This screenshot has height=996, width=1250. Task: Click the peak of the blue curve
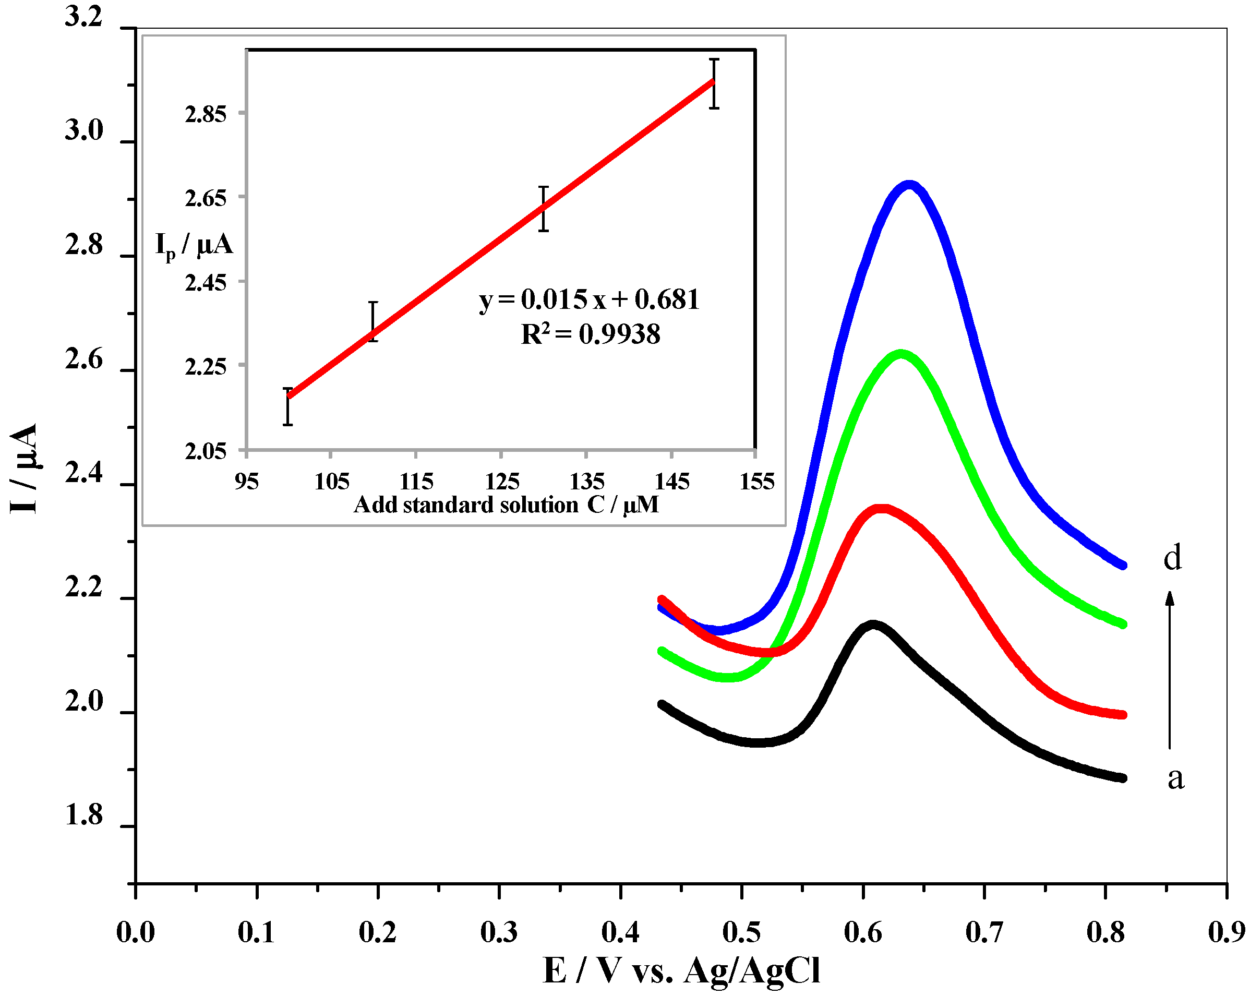point(910,186)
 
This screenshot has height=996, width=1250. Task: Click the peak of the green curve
point(900,354)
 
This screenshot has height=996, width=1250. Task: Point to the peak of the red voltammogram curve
point(881,509)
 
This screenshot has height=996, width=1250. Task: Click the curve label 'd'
point(1172,558)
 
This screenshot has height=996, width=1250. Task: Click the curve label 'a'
point(1175,778)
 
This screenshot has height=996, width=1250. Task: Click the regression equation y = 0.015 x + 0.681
point(589,299)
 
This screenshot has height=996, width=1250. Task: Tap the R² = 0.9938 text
point(590,334)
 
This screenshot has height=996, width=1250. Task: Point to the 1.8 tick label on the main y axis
point(84,814)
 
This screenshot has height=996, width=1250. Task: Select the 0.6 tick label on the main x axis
point(863,933)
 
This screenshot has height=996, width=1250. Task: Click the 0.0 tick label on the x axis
point(135,933)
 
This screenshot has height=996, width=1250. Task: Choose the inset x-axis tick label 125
point(502,481)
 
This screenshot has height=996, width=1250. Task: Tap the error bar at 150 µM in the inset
point(714,83)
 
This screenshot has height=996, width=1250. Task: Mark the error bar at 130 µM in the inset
point(543,209)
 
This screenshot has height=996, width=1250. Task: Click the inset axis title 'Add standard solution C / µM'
point(506,505)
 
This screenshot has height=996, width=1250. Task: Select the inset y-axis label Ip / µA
point(194,245)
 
